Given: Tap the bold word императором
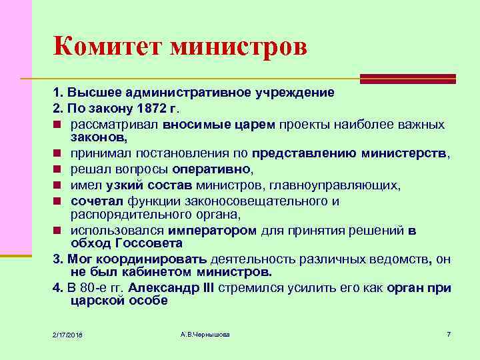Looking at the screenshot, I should coord(212,231).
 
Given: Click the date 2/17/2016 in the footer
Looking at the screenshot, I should coord(72,333).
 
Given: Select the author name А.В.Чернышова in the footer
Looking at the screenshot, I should coord(205,333).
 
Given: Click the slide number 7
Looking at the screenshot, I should coord(449,333).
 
